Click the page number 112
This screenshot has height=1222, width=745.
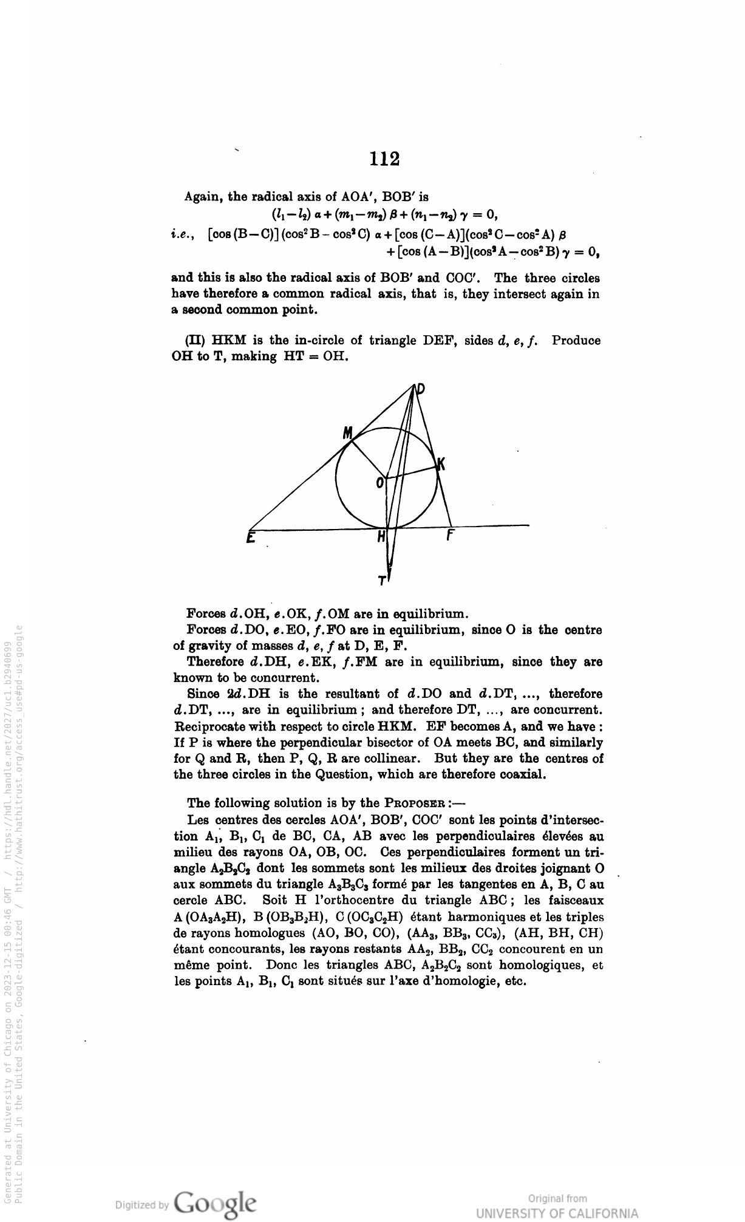tap(386, 159)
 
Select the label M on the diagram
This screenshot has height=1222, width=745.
tap(348, 432)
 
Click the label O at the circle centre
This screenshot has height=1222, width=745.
tap(380, 483)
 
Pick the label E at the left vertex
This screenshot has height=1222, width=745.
tap(250, 538)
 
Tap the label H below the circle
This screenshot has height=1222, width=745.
tap(381, 537)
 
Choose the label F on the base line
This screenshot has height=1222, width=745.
tap(451, 536)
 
